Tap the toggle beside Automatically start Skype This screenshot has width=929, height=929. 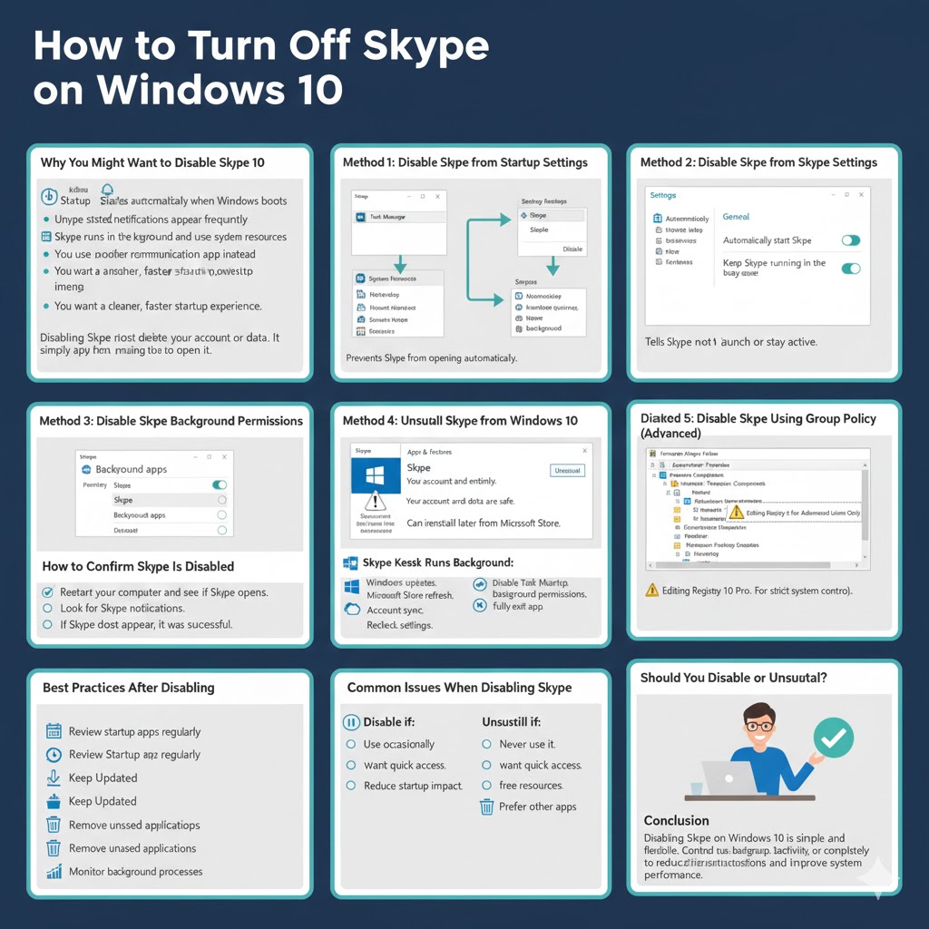tap(850, 240)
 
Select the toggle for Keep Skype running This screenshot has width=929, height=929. tap(850, 268)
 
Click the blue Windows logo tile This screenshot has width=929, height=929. tap(375, 475)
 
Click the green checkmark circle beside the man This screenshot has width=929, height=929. tap(833, 738)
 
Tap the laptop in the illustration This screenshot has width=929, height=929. tap(728, 777)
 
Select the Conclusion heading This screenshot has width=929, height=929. tap(677, 820)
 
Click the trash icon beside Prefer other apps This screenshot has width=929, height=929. tap(486, 807)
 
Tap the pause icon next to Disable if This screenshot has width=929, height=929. tap(351, 722)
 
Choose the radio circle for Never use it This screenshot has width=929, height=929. tap(486, 744)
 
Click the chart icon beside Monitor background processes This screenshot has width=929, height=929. tap(53, 872)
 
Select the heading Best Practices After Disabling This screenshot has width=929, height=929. tap(129, 688)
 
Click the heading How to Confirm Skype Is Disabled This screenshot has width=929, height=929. tap(138, 566)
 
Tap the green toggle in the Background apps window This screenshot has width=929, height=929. tap(219, 485)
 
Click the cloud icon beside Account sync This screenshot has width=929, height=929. tap(353, 610)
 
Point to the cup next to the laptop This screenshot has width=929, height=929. tap(696, 787)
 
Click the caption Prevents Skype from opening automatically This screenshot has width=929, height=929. tap(431, 358)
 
